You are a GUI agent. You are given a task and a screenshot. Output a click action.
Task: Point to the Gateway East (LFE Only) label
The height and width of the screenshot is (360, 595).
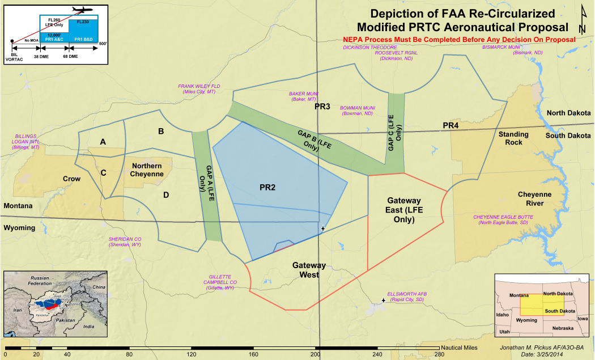[404, 210]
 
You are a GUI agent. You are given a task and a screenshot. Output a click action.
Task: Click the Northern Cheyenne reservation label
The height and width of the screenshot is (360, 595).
[147, 170]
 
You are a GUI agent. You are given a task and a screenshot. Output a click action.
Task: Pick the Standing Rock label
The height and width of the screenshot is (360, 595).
[513, 138]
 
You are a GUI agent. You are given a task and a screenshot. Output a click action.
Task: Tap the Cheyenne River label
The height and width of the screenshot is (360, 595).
[534, 198]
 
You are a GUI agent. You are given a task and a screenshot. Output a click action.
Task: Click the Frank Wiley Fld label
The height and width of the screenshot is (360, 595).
[199, 89]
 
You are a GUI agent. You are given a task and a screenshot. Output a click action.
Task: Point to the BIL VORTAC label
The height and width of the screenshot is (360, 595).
[12, 54]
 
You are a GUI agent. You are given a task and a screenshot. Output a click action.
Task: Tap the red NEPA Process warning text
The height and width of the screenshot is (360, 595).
[460, 40]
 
